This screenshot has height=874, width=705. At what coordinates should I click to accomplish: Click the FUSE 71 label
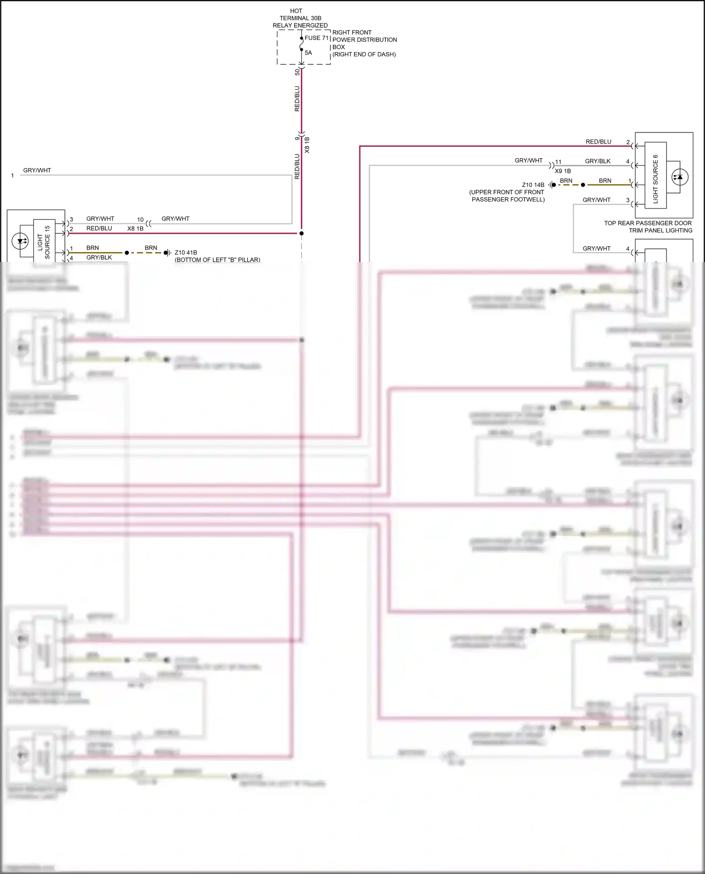point(316,38)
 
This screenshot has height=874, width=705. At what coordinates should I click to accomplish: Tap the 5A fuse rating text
point(308,53)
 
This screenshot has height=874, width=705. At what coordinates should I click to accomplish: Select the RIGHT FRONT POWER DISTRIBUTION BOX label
point(364,43)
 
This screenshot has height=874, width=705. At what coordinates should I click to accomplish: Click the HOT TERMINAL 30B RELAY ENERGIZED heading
point(300,18)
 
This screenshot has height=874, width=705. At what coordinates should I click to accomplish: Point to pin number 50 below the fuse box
point(297,72)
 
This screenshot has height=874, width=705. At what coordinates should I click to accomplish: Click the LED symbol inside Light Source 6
point(678,177)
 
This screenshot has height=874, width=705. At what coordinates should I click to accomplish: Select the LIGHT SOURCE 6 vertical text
point(655,179)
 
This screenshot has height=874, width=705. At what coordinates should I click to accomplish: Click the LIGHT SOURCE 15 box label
point(44,242)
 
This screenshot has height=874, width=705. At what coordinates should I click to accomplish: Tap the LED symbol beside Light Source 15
point(20,242)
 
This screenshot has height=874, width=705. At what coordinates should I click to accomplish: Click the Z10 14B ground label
point(533,185)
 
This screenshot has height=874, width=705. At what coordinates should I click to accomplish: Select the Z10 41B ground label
point(186,252)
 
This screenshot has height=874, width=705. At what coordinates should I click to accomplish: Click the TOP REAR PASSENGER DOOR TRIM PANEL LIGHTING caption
point(648,227)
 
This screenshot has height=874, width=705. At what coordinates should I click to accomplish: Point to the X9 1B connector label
point(563,171)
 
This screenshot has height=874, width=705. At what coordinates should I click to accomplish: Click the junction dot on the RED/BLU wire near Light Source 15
point(302,233)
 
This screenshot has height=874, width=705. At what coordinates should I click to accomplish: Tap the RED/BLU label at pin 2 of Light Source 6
point(598,141)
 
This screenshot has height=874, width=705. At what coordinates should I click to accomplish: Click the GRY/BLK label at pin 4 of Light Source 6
point(597,161)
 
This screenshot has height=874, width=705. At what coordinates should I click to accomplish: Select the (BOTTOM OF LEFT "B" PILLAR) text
point(217,260)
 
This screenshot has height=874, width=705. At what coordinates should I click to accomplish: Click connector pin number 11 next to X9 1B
point(558,162)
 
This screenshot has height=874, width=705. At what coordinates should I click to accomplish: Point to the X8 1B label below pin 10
point(135,229)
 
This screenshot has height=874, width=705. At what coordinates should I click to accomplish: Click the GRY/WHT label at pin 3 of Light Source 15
point(100,219)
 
